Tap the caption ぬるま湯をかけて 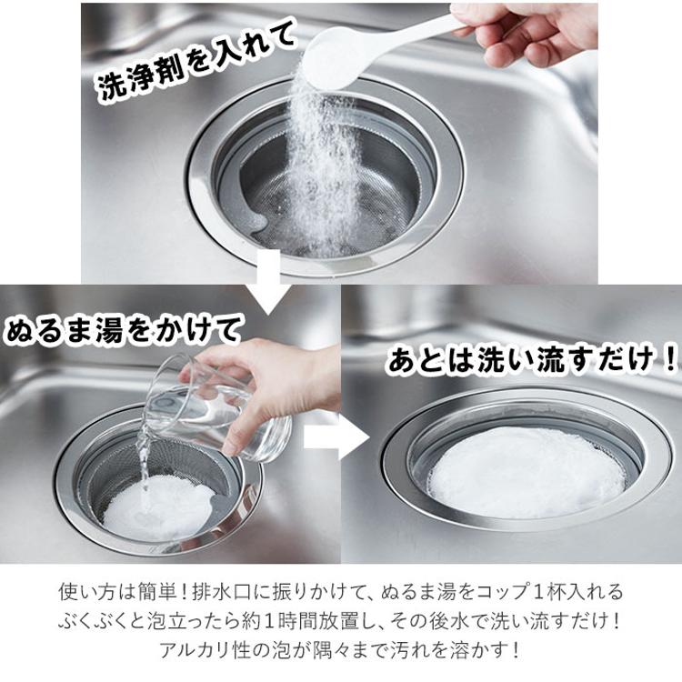123,332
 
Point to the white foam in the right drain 527,472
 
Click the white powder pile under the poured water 159,509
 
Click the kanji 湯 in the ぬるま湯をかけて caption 110,332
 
